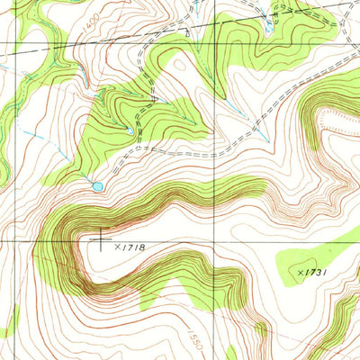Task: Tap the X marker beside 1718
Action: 117,245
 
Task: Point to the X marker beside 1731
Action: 299,269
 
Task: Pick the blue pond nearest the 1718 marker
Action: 97,186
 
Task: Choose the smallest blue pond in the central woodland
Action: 130,131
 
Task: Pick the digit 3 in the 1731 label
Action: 317,271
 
